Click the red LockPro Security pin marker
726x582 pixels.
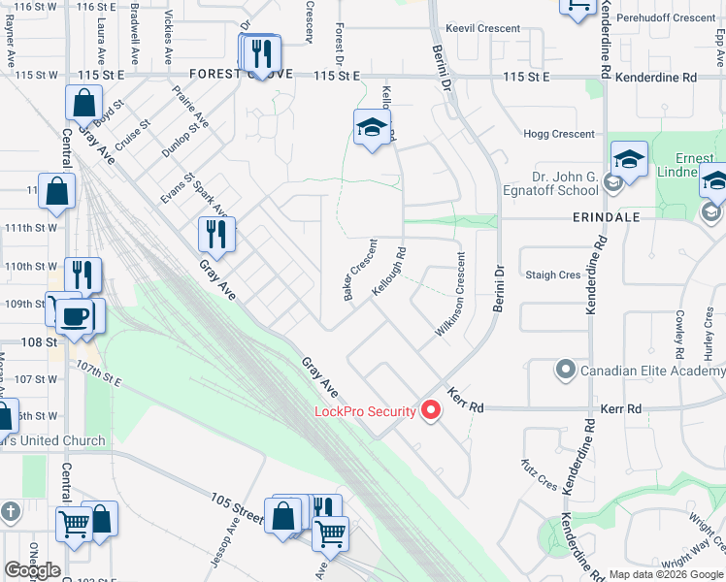pos(429,410)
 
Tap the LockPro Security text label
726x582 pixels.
pos(365,411)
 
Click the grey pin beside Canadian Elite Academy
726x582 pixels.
pos(565,370)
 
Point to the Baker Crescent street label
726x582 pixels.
pos(361,270)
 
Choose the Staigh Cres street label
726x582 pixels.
pos(552,275)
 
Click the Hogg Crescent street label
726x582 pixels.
pos(559,135)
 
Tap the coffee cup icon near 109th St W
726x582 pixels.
pos(75,314)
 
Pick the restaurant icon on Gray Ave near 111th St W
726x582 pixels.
pos(216,234)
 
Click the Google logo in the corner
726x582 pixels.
pos(32,570)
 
